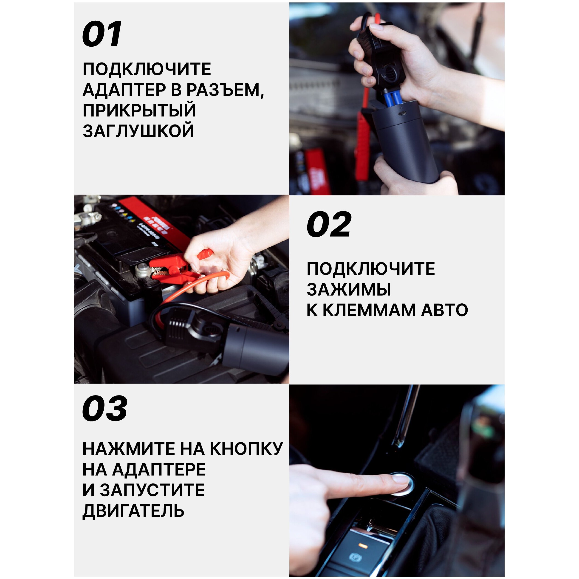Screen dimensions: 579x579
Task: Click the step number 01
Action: tap(102, 34)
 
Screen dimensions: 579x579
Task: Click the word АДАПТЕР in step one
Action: tap(124, 90)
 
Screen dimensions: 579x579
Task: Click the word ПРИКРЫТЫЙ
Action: tap(139, 110)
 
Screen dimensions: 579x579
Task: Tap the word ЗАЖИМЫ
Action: tap(349, 289)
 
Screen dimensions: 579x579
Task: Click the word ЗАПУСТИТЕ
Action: tap(152, 490)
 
